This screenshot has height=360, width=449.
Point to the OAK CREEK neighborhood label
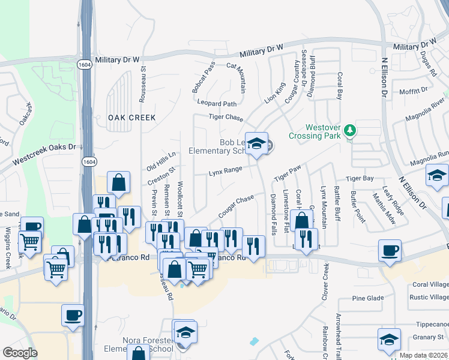[131, 118]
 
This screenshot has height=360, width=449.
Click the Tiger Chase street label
[226, 118]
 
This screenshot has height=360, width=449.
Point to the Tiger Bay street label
[360, 178]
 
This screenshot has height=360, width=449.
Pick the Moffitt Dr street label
[413, 90]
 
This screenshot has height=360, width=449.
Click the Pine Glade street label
[368, 298]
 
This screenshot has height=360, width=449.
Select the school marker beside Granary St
[388, 340]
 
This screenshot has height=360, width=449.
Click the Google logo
[19, 353]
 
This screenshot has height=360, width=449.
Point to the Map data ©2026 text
[423, 355]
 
